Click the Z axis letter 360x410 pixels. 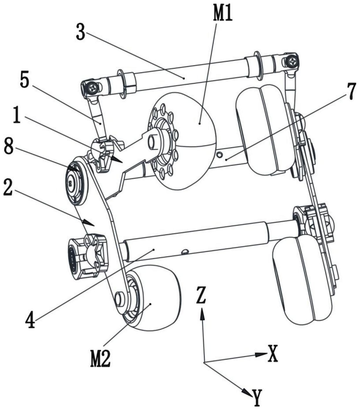tap(201, 295)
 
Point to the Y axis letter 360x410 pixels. tap(257, 397)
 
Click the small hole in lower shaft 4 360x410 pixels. tap(185, 251)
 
